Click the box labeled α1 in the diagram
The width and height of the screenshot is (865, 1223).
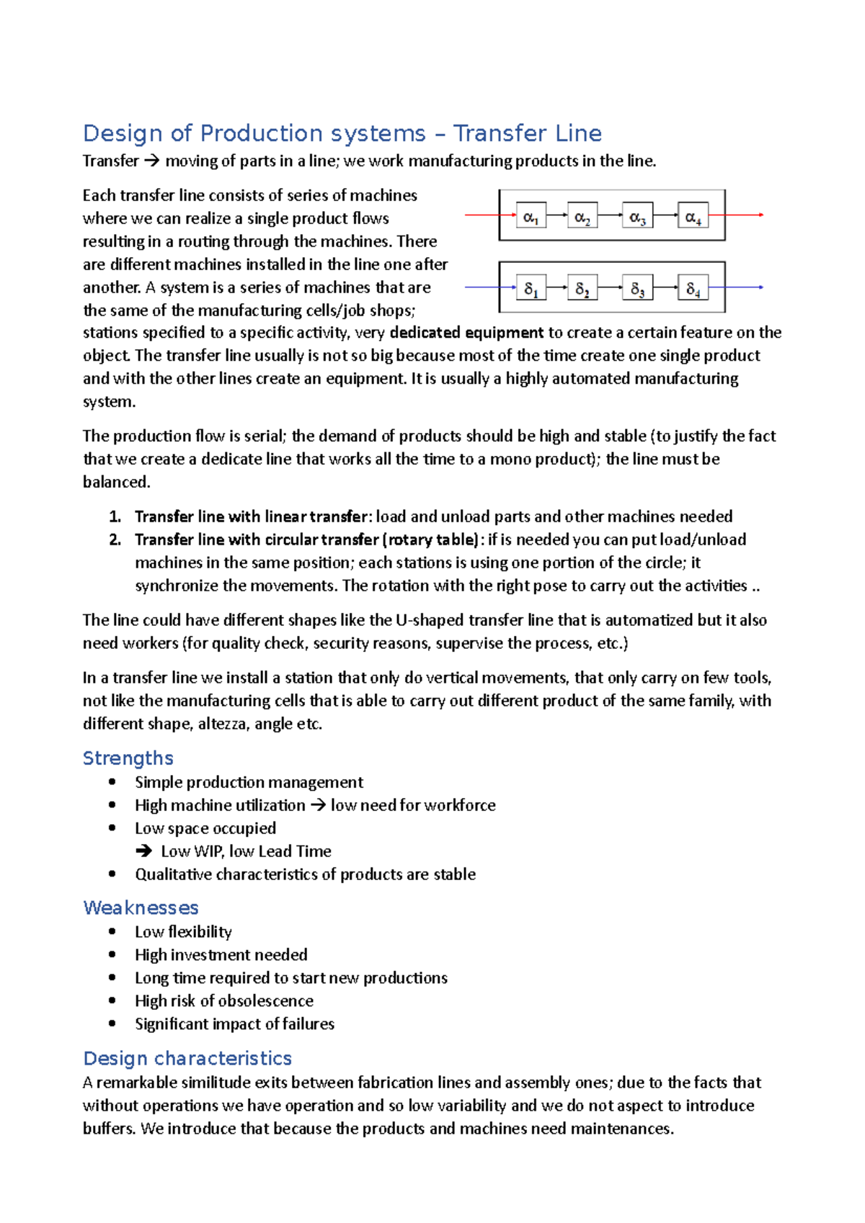click(x=531, y=215)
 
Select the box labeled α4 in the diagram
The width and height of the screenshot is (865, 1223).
click(x=693, y=215)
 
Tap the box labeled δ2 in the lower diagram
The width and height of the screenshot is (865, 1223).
click(x=582, y=287)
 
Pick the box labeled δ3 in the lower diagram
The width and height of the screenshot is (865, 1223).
click(x=637, y=287)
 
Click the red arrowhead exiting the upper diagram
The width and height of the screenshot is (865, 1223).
click(x=760, y=215)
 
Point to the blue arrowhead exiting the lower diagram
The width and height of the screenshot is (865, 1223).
click(x=760, y=287)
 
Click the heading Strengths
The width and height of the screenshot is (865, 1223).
click(x=128, y=758)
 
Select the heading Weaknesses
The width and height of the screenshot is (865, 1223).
click(x=141, y=908)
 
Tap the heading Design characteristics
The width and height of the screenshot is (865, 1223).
click(x=187, y=1058)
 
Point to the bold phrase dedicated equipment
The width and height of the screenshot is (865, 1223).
click(x=466, y=332)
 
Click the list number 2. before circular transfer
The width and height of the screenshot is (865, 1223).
click(x=115, y=539)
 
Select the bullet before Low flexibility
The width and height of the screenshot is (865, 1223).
click(x=112, y=931)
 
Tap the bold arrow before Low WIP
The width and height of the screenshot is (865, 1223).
click(x=143, y=851)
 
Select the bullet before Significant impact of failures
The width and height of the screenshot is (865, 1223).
click(x=112, y=1023)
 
